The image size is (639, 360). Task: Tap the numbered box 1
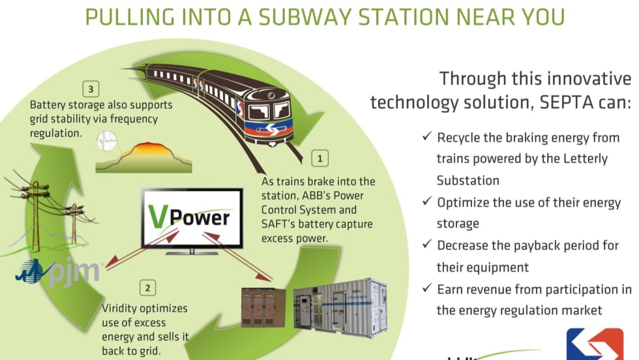click(319, 157)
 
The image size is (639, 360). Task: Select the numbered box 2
click(149, 287)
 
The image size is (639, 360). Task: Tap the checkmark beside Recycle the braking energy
click(426, 137)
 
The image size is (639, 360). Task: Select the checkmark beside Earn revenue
click(426, 288)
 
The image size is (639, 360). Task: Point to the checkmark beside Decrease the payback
click(426, 245)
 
